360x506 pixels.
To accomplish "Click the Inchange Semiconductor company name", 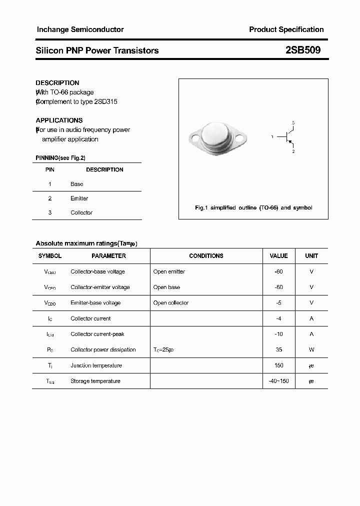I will tap(80, 29).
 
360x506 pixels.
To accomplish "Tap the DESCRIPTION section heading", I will tap(57, 83).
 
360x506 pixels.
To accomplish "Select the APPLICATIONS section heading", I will tap(59, 120).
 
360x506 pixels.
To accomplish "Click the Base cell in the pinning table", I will tap(77, 184).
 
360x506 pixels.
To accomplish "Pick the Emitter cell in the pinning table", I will tap(79, 198).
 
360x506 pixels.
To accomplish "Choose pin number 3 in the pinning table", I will tap(50, 212).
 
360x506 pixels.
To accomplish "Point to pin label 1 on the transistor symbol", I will tap(272, 136).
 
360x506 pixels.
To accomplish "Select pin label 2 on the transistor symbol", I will tap(293, 151).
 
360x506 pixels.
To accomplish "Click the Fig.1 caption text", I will tap(253, 207).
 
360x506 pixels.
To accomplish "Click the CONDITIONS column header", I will tap(206, 256).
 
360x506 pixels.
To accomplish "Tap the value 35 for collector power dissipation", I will tap(278, 350).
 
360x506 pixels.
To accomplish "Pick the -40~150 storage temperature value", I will tap(278, 381).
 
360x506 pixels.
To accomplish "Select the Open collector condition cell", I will tap(171, 303).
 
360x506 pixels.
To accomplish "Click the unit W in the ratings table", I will tap(311, 350).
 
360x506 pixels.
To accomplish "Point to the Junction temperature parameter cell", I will tap(96, 365).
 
